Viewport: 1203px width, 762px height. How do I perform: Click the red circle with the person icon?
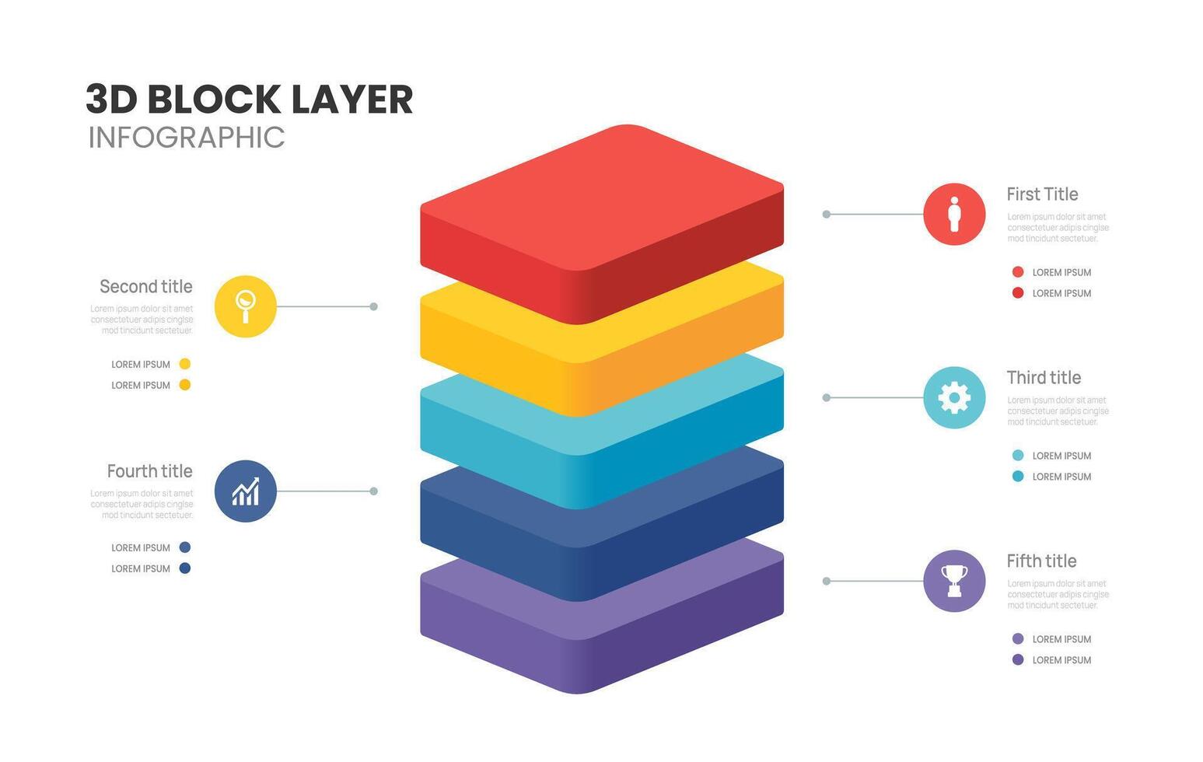pyautogui.click(x=954, y=215)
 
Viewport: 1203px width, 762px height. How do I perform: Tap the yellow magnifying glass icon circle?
pyautogui.click(x=245, y=306)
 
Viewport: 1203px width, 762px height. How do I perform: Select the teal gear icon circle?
pyautogui.click(x=954, y=398)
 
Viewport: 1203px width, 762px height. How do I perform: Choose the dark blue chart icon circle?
pyautogui.click(x=245, y=491)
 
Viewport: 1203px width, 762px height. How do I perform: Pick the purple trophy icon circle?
pyautogui.click(x=954, y=582)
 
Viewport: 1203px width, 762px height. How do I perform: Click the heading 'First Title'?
pyautogui.click(x=1042, y=194)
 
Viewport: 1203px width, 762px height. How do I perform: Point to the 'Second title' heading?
pyautogui.click(x=146, y=287)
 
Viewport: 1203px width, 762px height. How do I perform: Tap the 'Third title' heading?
pyautogui.click(x=1044, y=378)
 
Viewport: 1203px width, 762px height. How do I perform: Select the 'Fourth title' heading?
pyautogui.click(x=149, y=471)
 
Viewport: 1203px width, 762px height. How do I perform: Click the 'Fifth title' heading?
pyautogui.click(x=1041, y=561)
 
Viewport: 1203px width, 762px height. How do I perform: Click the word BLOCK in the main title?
pyautogui.click(x=214, y=100)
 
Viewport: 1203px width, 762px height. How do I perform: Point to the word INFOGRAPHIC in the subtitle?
pyautogui.click(x=187, y=138)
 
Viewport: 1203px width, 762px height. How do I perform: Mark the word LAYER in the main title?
pyautogui.click(x=352, y=100)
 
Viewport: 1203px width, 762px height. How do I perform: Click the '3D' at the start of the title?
pyautogui.click(x=111, y=100)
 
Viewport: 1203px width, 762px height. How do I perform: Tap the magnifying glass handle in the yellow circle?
pyautogui.click(x=246, y=316)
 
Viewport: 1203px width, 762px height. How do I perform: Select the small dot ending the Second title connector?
pyautogui.click(x=374, y=306)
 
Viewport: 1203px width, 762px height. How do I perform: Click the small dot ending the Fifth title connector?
pyautogui.click(x=827, y=581)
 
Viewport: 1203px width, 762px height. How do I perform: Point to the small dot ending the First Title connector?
pyautogui.click(x=827, y=214)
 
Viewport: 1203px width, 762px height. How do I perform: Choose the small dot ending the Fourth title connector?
pyautogui.click(x=374, y=491)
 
